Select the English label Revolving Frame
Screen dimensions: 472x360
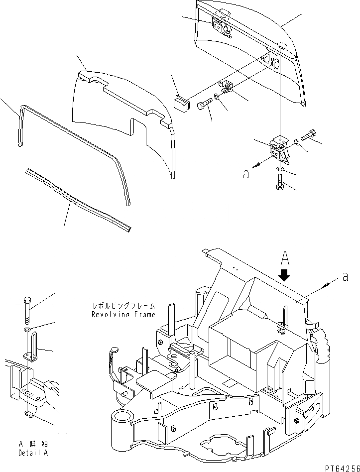pos(123,314)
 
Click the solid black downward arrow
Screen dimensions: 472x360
pos(284,274)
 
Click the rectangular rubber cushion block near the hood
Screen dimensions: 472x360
pos(181,104)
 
